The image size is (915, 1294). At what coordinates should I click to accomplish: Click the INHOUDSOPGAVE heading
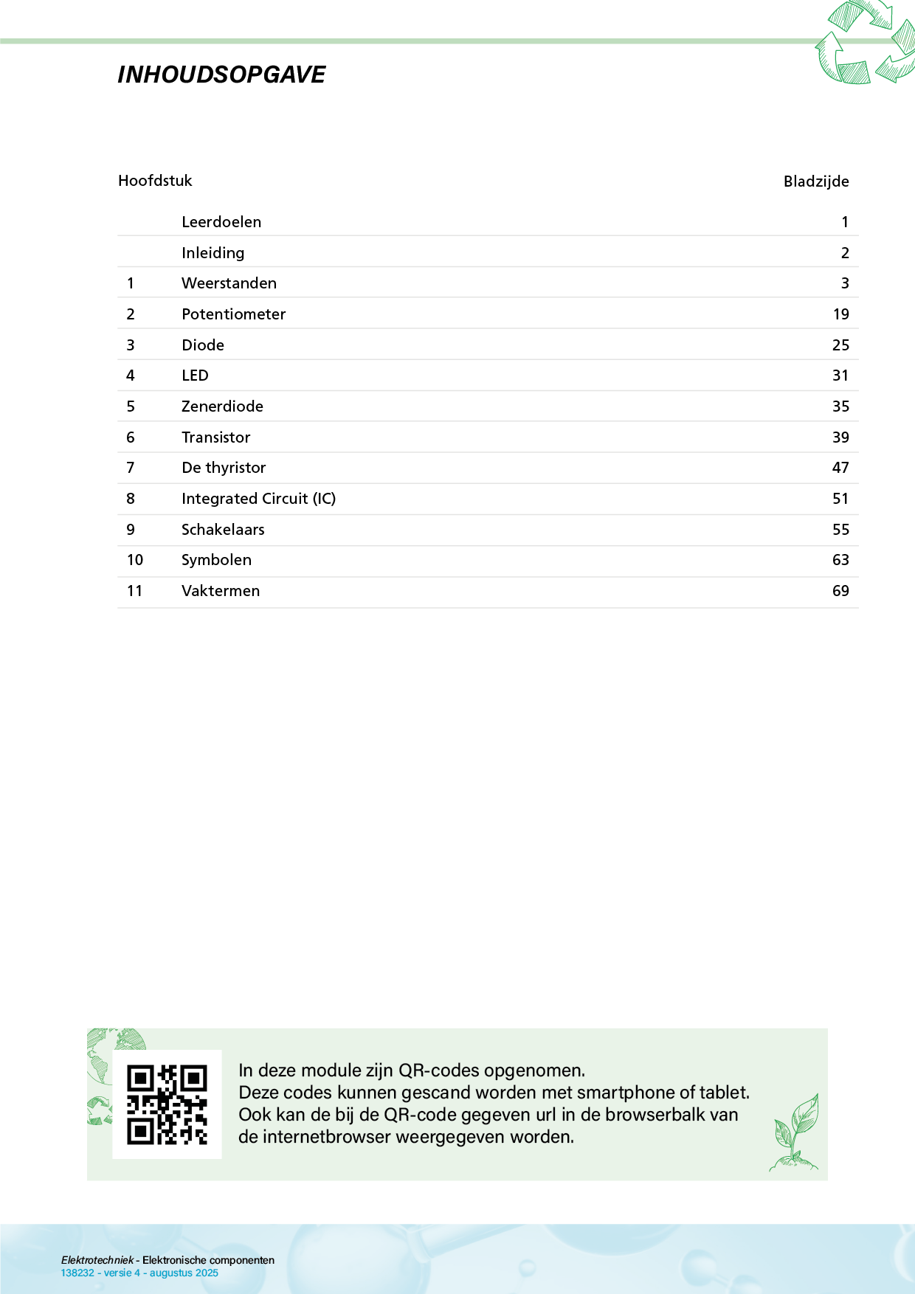pyautogui.click(x=221, y=75)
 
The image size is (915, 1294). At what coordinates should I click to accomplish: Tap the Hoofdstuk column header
pyautogui.click(x=155, y=181)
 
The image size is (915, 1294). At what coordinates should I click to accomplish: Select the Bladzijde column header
pyautogui.click(x=815, y=181)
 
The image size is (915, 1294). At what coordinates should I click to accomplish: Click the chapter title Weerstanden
pyautogui.click(x=229, y=283)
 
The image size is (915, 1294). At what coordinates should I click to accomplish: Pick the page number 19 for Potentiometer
pyautogui.click(x=840, y=314)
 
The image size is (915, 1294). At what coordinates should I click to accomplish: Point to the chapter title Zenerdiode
pyautogui.click(x=222, y=406)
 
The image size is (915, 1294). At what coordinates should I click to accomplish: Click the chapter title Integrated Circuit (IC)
pyautogui.click(x=258, y=499)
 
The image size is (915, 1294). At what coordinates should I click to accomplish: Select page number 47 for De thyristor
pyautogui.click(x=840, y=468)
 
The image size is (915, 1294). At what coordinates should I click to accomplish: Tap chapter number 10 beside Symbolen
pyautogui.click(x=135, y=560)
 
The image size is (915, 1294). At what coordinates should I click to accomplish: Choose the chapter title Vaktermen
pyautogui.click(x=221, y=591)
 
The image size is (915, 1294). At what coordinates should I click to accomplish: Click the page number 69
pyautogui.click(x=840, y=591)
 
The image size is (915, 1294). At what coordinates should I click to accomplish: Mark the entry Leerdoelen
pyautogui.click(x=221, y=222)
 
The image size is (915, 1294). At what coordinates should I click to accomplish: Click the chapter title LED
pyautogui.click(x=195, y=376)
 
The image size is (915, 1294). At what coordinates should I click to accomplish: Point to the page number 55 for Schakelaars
pyautogui.click(x=840, y=530)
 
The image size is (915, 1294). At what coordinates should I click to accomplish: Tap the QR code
pyautogui.click(x=167, y=1104)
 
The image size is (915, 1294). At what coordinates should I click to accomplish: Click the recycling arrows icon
pyautogui.click(x=864, y=43)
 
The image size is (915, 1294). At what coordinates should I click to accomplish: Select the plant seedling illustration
pyautogui.click(x=795, y=1132)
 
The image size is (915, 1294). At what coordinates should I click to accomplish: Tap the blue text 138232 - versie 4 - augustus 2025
pyautogui.click(x=139, y=1273)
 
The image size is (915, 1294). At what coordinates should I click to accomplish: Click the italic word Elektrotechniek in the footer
pyautogui.click(x=97, y=1260)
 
